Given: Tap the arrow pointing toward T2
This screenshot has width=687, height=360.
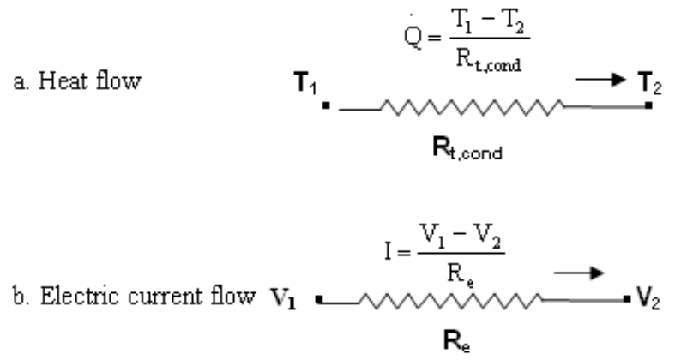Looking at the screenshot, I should pos(598,83).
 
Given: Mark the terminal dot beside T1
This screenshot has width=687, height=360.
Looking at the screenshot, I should pos(327,106).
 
